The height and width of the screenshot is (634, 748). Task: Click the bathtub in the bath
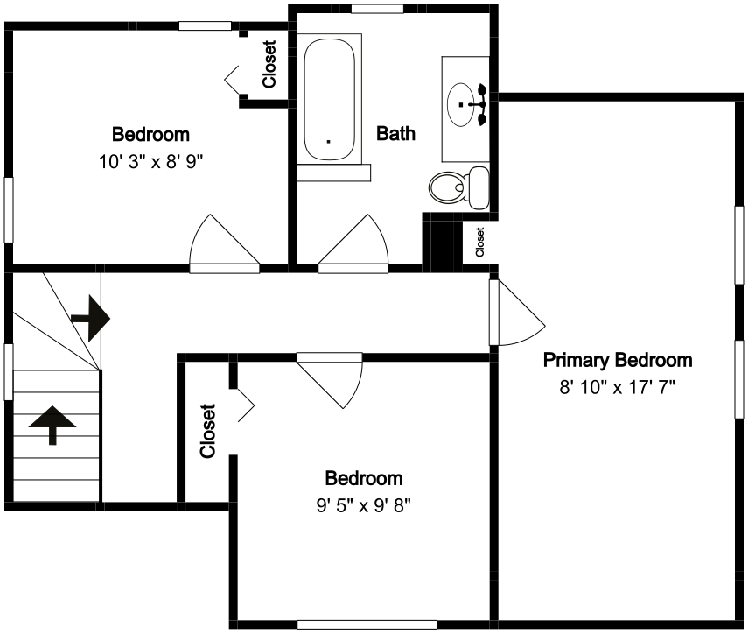329,99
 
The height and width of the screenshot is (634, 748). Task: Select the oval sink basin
461,104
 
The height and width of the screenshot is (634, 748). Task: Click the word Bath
395,133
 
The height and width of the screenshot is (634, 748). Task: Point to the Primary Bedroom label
618,360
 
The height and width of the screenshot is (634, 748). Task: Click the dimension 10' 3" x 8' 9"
150,162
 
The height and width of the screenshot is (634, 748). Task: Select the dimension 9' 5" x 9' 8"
364,505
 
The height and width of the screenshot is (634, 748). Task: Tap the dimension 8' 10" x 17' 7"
618,387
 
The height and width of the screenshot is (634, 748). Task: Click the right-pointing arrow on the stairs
91,319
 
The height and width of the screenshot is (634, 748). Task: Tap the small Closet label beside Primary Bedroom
479,242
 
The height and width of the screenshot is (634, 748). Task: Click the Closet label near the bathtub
269,64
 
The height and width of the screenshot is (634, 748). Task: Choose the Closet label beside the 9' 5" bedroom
208,431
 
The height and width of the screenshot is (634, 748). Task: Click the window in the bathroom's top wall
377,9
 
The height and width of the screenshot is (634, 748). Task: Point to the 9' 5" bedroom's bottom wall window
367,624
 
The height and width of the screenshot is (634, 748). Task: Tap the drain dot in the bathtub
328,141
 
